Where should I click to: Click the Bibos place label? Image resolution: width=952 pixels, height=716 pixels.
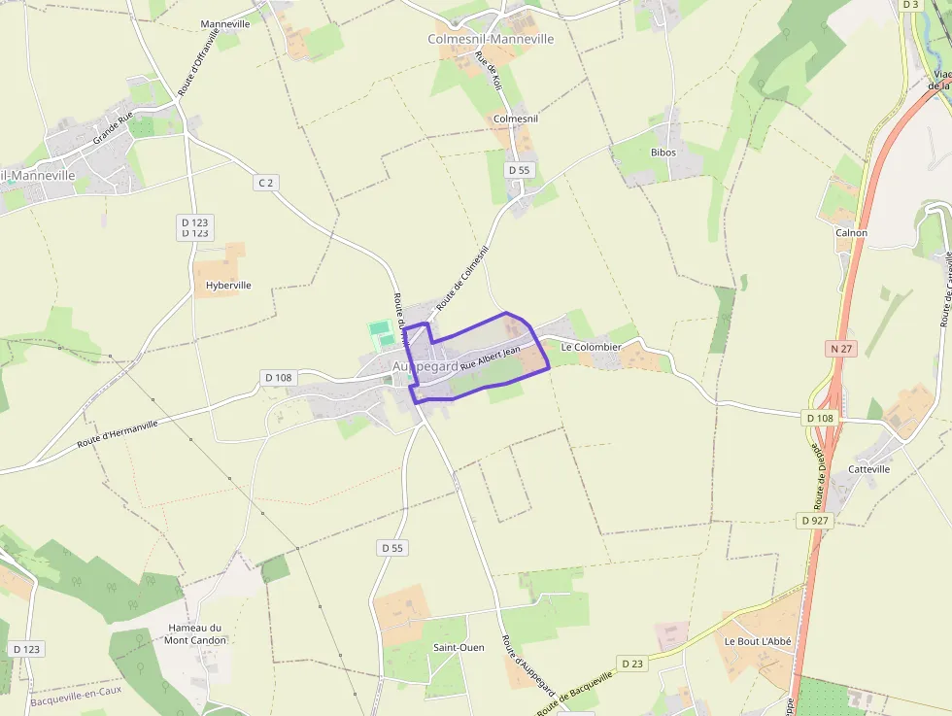click(x=663, y=153)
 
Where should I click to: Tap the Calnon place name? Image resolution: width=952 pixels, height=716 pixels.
click(x=851, y=233)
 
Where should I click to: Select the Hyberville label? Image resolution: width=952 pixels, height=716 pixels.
click(x=228, y=286)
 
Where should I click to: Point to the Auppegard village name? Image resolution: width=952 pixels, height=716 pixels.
click(x=425, y=366)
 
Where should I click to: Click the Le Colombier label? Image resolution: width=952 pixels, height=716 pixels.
click(x=591, y=347)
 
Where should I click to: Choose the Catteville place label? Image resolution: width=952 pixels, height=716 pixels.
click(x=868, y=469)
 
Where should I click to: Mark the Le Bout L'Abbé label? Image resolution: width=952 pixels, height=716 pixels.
click(x=758, y=642)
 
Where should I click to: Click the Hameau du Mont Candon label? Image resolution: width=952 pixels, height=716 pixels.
click(x=195, y=633)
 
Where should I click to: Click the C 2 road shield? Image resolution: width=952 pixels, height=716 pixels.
click(x=266, y=183)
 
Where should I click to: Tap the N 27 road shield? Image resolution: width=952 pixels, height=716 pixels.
click(x=840, y=347)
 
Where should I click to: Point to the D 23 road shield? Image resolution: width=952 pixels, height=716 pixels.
click(x=632, y=664)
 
